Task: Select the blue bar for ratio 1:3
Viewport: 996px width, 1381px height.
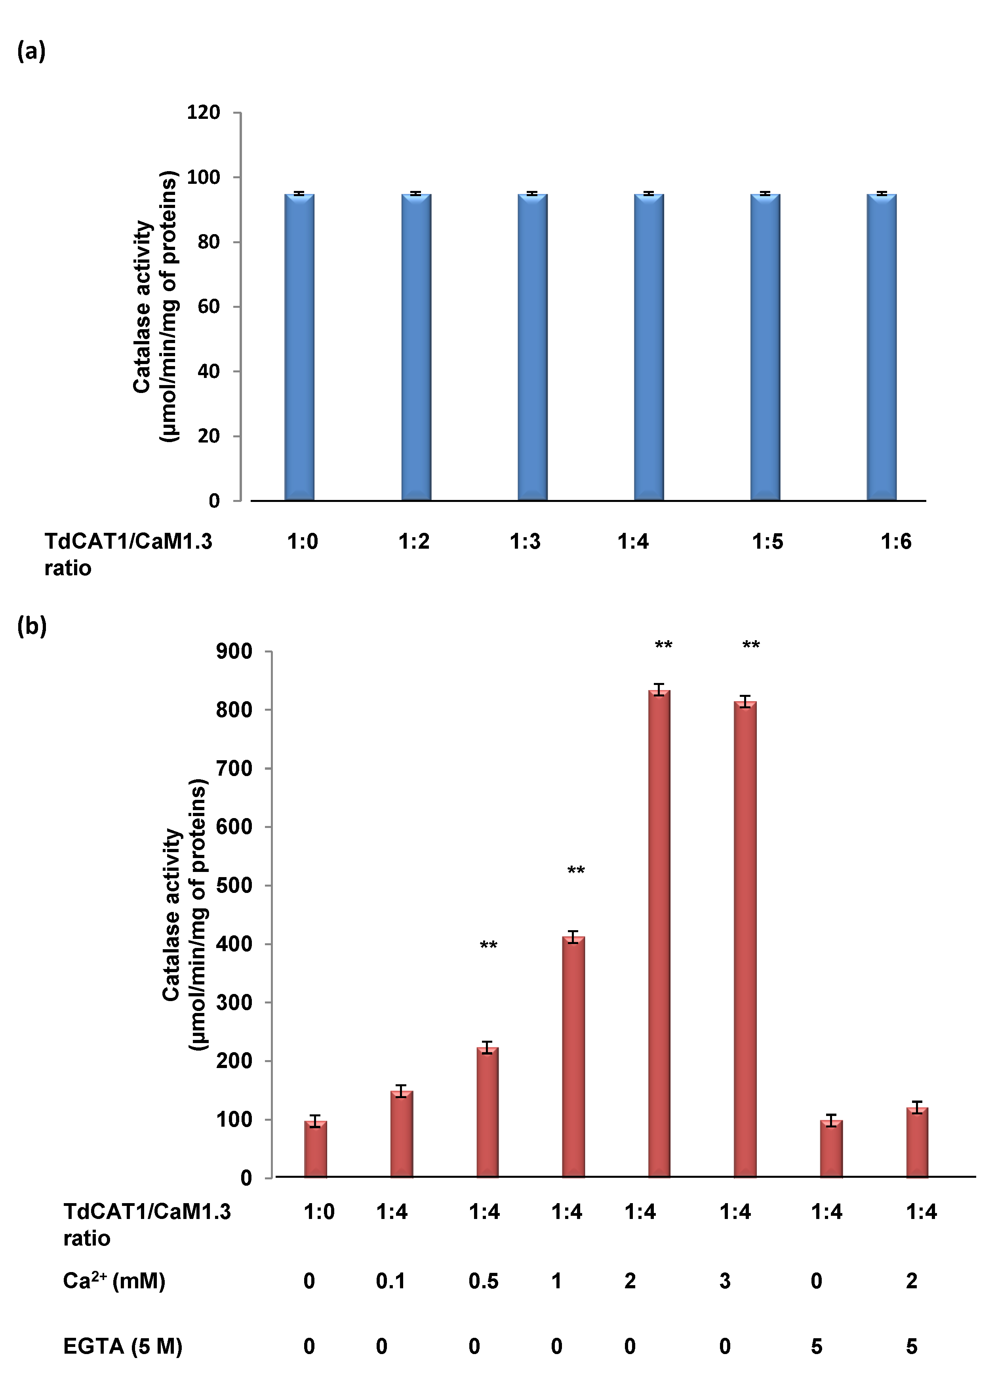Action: tap(533, 347)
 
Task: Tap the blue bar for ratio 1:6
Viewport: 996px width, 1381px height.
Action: tap(882, 347)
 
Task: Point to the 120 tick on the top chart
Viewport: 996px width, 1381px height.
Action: tap(203, 112)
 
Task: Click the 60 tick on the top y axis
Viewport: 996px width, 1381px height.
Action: tap(208, 306)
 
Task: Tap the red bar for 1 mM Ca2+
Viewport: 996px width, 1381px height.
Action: tap(573, 1059)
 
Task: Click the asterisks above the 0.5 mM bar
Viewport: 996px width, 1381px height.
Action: tap(488, 946)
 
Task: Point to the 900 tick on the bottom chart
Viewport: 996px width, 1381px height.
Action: tap(234, 652)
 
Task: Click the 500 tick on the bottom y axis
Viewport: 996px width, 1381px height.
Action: tap(234, 885)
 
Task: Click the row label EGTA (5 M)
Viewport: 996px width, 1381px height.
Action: tap(122, 1346)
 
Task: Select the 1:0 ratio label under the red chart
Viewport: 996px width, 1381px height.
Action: tap(319, 1212)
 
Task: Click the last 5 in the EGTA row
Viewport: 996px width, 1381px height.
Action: tap(911, 1346)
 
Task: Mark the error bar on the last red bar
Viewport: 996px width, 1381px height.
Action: tap(918, 1108)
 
